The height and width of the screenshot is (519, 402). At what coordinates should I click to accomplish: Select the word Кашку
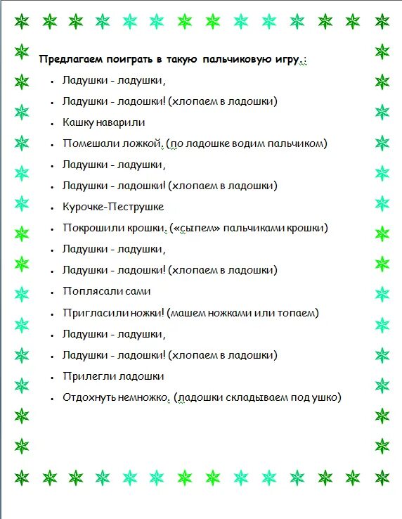click(x=77, y=122)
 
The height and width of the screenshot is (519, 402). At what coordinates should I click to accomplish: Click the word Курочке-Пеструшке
click(x=113, y=207)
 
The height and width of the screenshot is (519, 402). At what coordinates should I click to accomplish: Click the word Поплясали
click(x=87, y=291)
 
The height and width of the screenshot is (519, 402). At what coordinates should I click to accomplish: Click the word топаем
click(x=299, y=312)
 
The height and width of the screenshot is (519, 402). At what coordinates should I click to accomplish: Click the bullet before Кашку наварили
click(x=53, y=123)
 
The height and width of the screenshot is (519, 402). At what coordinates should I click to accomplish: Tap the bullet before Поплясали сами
click(x=53, y=292)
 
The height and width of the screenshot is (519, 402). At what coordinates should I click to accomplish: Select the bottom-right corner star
click(x=382, y=478)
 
